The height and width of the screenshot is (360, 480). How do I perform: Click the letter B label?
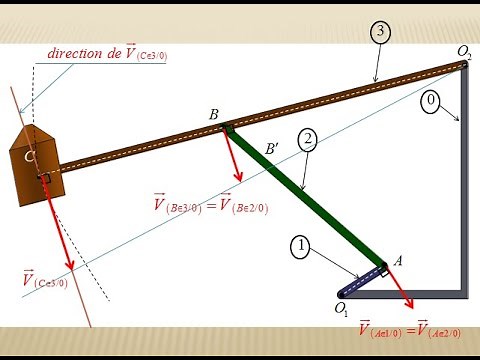[214, 116]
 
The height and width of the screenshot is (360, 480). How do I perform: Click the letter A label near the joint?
[397, 260]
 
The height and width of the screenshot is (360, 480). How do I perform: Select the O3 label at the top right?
[465, 51]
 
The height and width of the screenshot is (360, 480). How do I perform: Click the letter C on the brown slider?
[30, 157]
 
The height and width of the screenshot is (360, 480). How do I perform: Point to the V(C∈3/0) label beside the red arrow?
[44, 281]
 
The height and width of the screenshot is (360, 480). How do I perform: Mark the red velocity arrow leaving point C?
[60, 225]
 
